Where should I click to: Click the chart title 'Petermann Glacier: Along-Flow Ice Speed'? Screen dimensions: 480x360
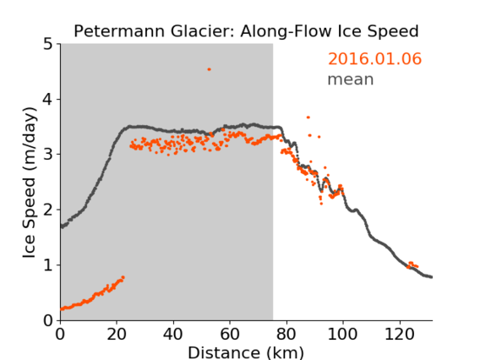246,31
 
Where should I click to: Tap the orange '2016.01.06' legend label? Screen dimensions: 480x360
374,59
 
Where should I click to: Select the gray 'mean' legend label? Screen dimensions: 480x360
351,79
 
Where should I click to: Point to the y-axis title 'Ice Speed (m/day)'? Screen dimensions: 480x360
30,183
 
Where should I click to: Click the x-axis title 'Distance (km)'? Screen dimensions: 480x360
246,352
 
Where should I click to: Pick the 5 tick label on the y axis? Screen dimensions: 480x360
48,44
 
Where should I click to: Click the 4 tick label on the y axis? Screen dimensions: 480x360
48,99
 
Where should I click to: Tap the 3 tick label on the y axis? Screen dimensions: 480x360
48,155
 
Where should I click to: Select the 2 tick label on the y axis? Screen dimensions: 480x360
48,210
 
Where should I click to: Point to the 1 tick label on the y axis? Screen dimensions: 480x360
48,265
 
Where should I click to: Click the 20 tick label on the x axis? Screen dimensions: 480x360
117,334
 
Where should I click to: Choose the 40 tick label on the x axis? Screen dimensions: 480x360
173,334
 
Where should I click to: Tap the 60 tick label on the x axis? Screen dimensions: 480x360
230,334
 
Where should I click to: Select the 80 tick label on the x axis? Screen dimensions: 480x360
286,334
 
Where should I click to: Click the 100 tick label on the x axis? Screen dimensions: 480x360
342,334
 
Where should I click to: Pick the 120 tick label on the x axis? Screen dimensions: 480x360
399,334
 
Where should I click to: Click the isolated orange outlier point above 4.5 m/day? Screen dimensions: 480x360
209,69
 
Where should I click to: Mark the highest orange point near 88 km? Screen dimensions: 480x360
308,117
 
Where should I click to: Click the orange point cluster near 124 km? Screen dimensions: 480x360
412,265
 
